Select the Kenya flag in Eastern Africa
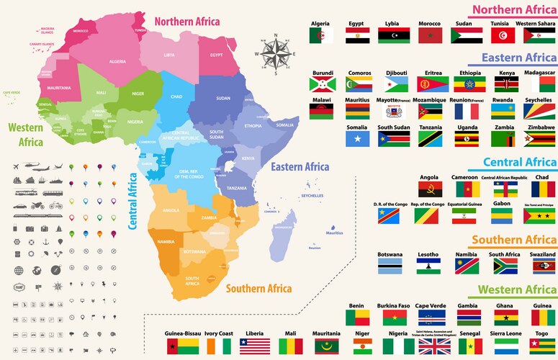point(506,84)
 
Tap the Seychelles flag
point(539,111)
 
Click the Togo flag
point(542,346)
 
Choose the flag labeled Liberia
point(254,346)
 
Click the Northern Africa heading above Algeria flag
point(513,9)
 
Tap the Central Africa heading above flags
point(519,162)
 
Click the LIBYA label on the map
point(169,55)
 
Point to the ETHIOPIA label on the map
point(253,126)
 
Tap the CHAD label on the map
point(176,96)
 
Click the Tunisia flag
point(500,35)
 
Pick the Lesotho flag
point(429,266)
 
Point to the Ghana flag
point(503,318)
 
